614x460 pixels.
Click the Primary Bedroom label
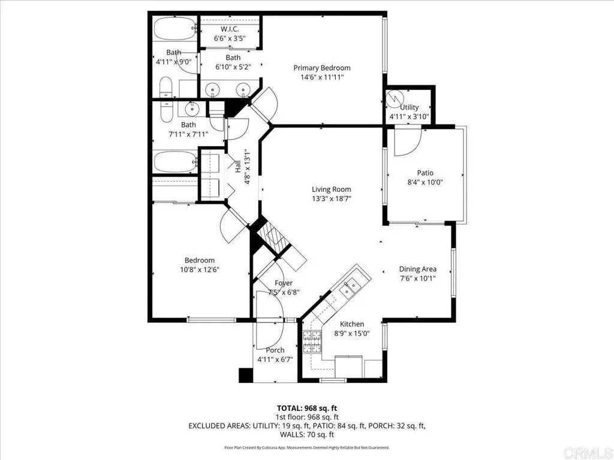coord(322,68)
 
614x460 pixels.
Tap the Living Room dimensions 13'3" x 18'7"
coord(331,199)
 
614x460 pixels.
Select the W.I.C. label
coord(230,29)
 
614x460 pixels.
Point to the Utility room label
coord(410,107)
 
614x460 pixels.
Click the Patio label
coord(425,172)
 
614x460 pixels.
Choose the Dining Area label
coord(417,269)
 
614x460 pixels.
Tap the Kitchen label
coord(352,324)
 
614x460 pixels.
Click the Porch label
coord(275,350)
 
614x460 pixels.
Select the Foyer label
coord(284,283)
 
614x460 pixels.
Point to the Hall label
coord(237,167)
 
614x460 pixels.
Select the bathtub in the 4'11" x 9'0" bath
coord(174,28)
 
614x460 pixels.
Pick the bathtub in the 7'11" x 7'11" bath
coord(175,161)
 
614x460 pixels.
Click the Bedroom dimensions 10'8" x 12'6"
coord(200,270)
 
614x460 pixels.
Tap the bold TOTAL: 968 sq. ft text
coord(307,408)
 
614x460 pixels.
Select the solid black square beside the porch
coord(246,375)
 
